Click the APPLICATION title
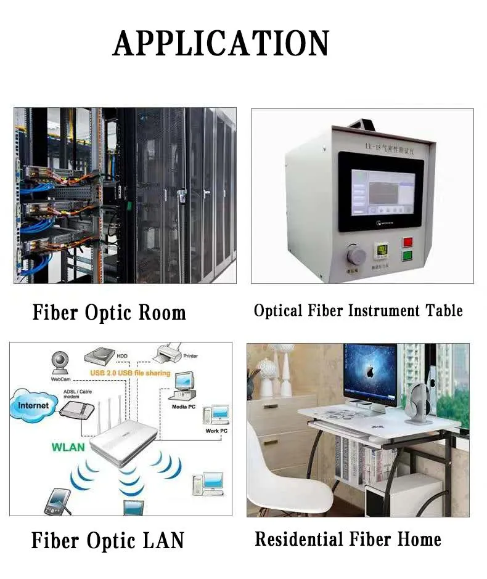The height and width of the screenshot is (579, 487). [221, 44]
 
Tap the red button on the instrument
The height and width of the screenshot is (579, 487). [407, 242]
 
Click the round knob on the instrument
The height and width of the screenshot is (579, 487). [357, 254]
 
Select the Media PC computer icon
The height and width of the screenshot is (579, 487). [182, 385]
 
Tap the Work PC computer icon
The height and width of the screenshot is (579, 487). [216, 416]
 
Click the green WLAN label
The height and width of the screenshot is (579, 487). [68, 447]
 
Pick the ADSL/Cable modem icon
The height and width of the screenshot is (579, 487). [77, 410]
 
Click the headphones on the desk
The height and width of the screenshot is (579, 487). [420, 403]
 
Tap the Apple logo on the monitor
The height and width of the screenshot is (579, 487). [369, 371]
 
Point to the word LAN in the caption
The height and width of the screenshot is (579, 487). [163, 541]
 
